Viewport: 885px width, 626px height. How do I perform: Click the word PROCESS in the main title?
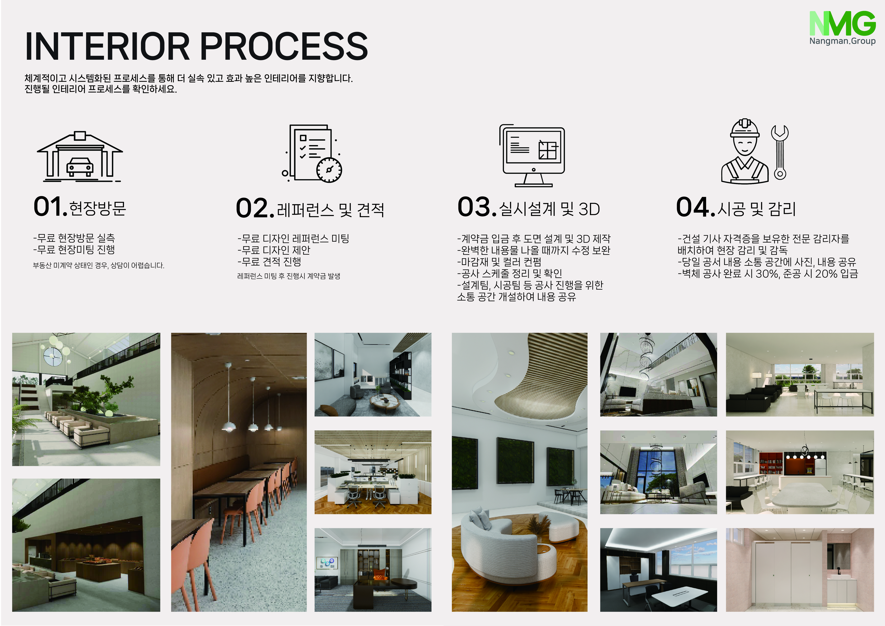[x=284, y=46]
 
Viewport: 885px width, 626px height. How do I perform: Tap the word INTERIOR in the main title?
[x=108, y=46]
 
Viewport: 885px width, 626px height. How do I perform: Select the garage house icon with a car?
[x=80, y=156]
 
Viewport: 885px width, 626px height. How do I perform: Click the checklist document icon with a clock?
[x=312, y=153]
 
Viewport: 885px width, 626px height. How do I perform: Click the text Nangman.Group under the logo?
[x=842, y=41]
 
